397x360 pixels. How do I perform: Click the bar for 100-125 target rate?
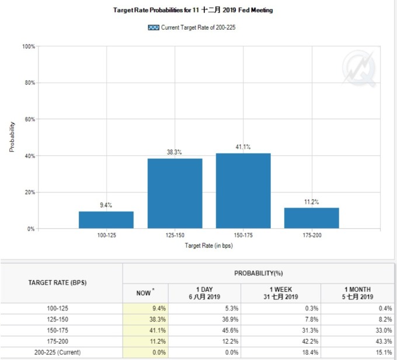click(106, 220)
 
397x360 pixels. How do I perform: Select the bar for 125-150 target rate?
click(175, 193)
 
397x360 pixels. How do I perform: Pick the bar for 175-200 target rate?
click(311, 218)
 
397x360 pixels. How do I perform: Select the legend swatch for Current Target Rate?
click(154, 27)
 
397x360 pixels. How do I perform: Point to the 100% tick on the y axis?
click(29, 46)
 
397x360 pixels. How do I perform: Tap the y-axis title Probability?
click(12, 137)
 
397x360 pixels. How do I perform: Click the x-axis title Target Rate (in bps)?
click(208, 246)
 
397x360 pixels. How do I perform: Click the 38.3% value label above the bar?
click(174, 152)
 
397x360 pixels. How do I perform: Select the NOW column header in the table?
click(144, 293)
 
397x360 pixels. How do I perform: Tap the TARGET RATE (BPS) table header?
click(61, 282)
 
